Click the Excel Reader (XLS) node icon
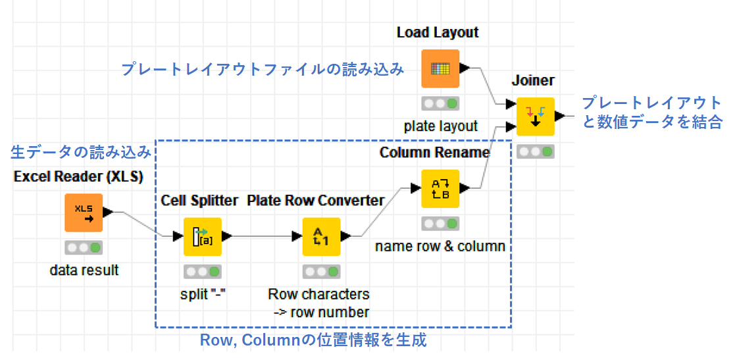[x=83, y=213]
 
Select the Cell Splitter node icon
[x=202, y=236]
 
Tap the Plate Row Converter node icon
[x=321, y=236]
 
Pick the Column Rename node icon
[x=440, y=188]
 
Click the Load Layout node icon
[x=440, y=68]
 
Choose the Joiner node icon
[x=536, y=116]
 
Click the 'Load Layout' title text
[x=438, y=32]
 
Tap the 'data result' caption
[x=84, y=270]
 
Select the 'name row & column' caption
[x=440, y=246]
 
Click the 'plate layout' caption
[x=440, y=126]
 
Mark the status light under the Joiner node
[x=536, y=151]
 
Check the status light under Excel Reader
[x=83, y=247]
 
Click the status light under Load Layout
[x=440, y=103]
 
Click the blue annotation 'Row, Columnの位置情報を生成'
[x=313, y=340]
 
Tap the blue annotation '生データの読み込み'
[x=81, y=152]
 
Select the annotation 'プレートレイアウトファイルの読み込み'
[x=263, y=70]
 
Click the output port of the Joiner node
[x=560, y=116]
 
